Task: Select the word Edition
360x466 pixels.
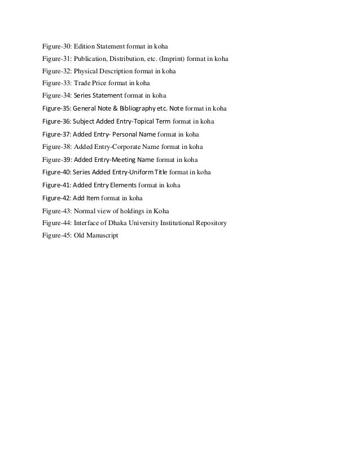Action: click(x=86, y=45)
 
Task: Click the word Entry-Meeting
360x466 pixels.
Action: click(x=116, y=160)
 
